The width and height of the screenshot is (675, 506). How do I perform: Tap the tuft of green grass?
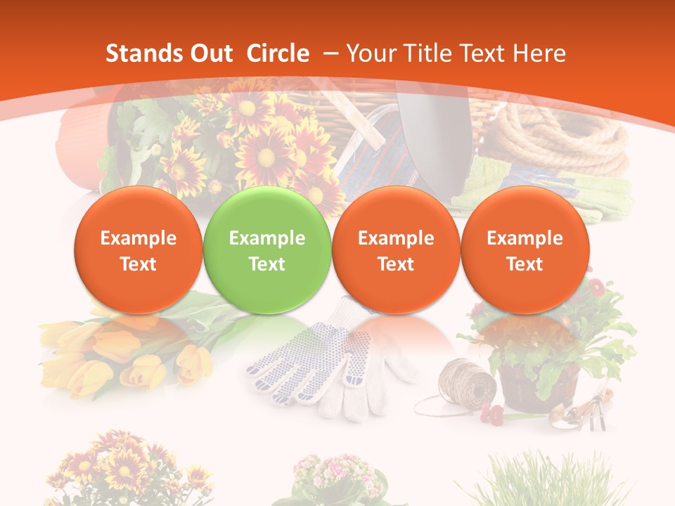pos(548,481)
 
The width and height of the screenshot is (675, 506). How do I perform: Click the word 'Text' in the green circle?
pos(266,264)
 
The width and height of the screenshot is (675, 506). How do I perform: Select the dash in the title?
pos(330,53)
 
